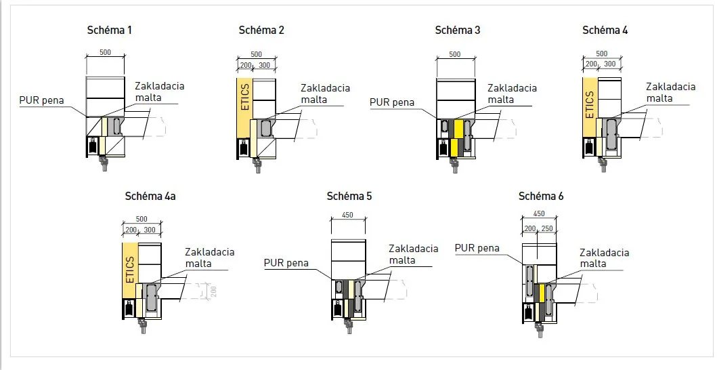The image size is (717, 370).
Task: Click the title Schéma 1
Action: click(109, 30)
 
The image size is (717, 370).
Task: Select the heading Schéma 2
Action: click(261, 30)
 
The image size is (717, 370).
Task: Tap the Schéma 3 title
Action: click(457, 30)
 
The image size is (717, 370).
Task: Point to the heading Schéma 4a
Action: click(150, 196)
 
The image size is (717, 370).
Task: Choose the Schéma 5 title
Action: click(349, 196)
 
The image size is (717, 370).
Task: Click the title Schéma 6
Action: click(541, 196)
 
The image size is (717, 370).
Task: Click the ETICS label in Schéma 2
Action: click(244, 97)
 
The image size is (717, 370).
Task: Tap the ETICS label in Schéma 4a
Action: click(130, 269)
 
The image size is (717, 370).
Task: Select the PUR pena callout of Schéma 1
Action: click(41, 100)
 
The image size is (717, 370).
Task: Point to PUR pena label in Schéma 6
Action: click(477, 248)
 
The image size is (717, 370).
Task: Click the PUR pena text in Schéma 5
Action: click(286, 263)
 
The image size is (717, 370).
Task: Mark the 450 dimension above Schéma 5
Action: click(347, 215)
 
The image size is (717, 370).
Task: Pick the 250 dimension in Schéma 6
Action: click(546, 228)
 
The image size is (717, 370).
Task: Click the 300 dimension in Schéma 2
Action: click(264, 65)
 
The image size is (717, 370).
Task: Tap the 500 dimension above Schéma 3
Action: click(455, 54)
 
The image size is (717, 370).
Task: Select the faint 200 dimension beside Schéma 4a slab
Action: click(213, 290)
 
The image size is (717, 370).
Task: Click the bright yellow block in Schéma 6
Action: click(542, 293)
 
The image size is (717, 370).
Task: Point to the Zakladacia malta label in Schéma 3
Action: click(512, 94)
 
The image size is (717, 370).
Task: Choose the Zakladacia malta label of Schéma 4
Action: click(670, 92)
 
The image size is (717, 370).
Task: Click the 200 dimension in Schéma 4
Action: click(591, 64)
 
